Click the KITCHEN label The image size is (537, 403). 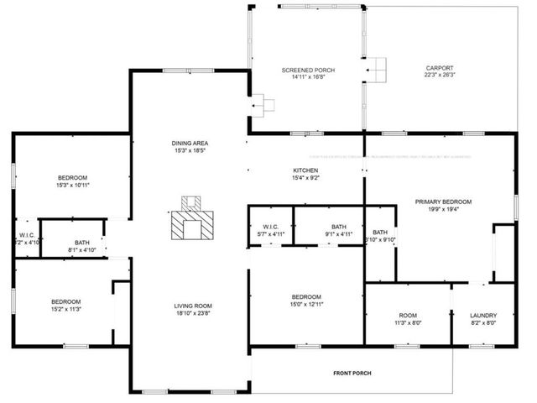pos(305,170)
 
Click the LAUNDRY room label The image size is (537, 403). pos(483,316)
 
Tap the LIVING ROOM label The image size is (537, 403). pos(192,306)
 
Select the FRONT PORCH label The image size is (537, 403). pos(351,373)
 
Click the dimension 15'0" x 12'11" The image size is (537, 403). pos(305,305)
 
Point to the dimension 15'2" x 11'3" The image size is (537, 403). pos(65,309)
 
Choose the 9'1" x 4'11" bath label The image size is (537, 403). pos(338,234)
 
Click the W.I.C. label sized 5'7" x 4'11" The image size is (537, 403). pos(269,234)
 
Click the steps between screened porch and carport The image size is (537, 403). pos(377,70)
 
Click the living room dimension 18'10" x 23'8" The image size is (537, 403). pos(192,313)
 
